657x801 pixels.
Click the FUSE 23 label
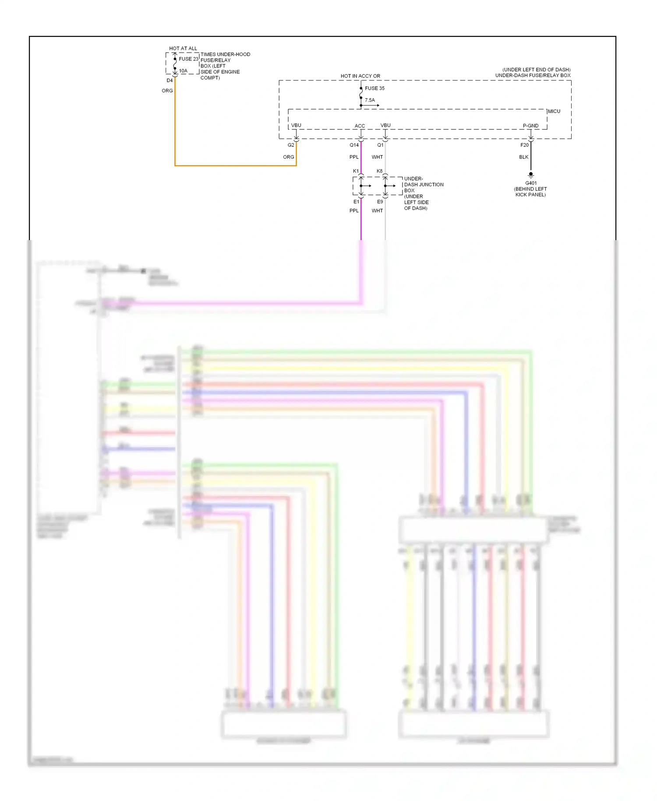188,59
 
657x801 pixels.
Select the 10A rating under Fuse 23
183,71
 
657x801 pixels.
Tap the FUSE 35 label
374,88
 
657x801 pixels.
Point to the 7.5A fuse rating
370,100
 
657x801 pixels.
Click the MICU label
554,111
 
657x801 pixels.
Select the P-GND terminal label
530,126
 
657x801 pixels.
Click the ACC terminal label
360,126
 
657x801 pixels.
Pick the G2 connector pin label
291,145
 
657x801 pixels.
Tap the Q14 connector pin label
354,145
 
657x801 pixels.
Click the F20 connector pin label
524,145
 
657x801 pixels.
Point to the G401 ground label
531,183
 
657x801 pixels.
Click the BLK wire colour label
524,157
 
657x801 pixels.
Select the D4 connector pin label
170,81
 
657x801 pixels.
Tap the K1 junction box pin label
356,171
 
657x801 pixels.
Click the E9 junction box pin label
380,202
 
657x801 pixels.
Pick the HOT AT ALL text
183,48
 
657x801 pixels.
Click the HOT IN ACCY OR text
360,76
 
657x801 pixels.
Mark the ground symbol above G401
531,174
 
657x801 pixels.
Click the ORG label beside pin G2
288,157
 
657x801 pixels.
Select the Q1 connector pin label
380,145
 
